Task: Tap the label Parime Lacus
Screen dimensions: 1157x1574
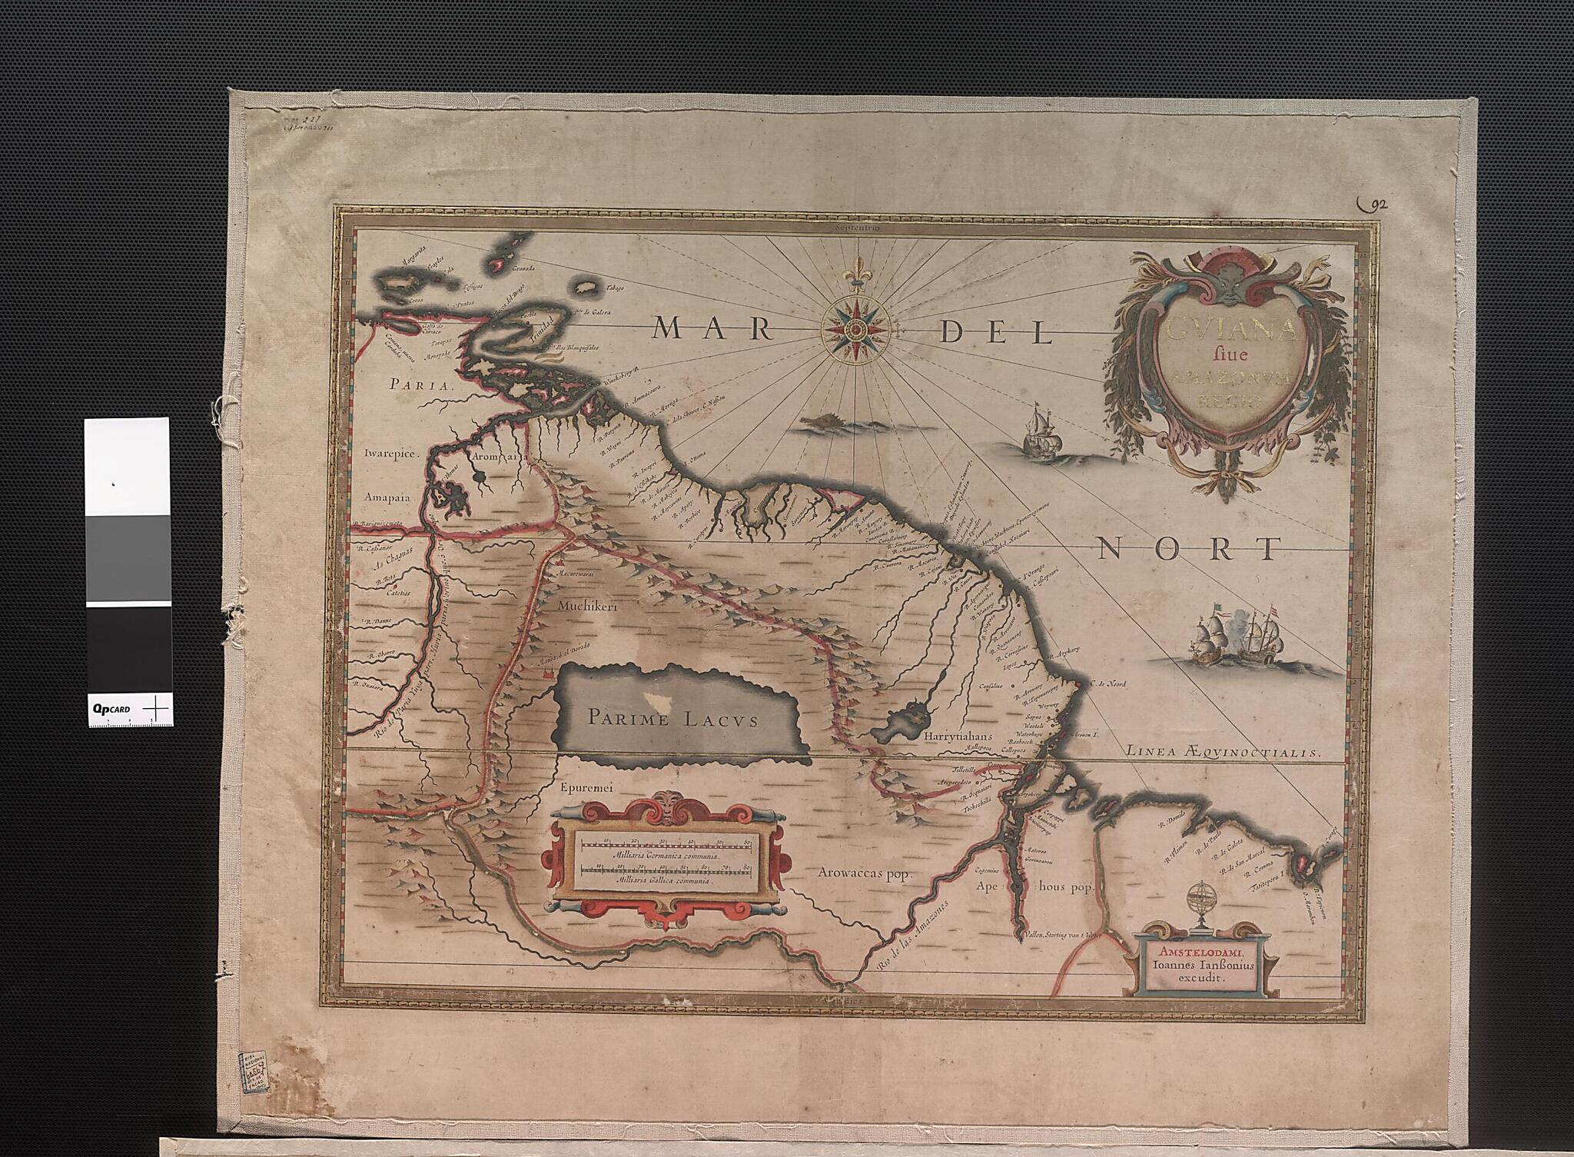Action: (672, 720)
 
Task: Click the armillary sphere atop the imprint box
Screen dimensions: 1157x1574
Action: (1198, 904)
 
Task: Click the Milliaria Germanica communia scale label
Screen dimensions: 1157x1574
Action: (665, 856)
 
